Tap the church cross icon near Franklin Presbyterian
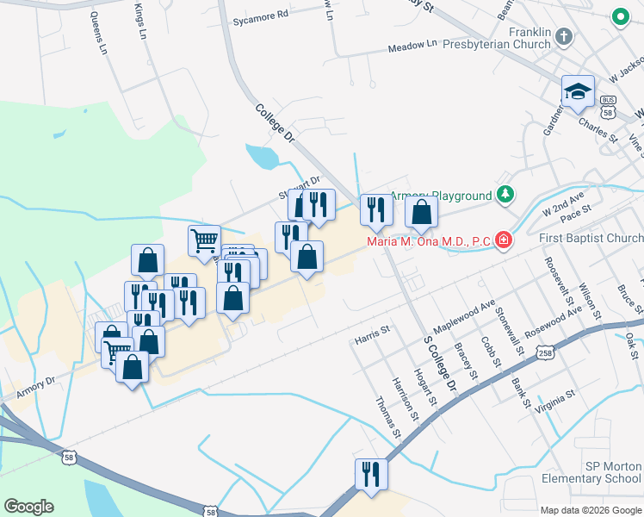point(564,37)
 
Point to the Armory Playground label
point(442,196)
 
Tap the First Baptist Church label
point(591,239)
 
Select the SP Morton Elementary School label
point(591,472)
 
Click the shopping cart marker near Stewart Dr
point(204,240)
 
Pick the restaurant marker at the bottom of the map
point(371,473)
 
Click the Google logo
point(28,507)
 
